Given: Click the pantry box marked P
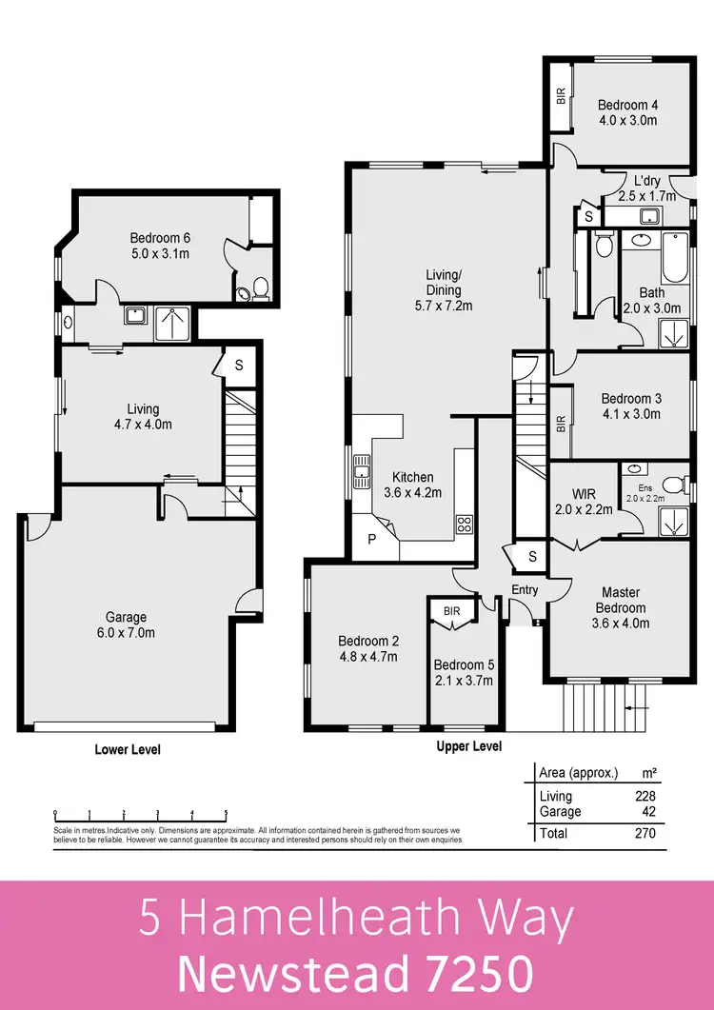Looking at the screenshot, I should pos(371,539).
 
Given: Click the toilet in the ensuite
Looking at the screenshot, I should pos(673,485).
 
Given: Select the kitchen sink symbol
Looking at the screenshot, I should pos(362,470).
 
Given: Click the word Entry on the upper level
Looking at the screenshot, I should pos(525,590).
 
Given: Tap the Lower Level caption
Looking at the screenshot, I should pos(128,750).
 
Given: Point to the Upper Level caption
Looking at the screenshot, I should pos(468,747).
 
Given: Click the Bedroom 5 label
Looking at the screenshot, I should pos(462,673).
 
